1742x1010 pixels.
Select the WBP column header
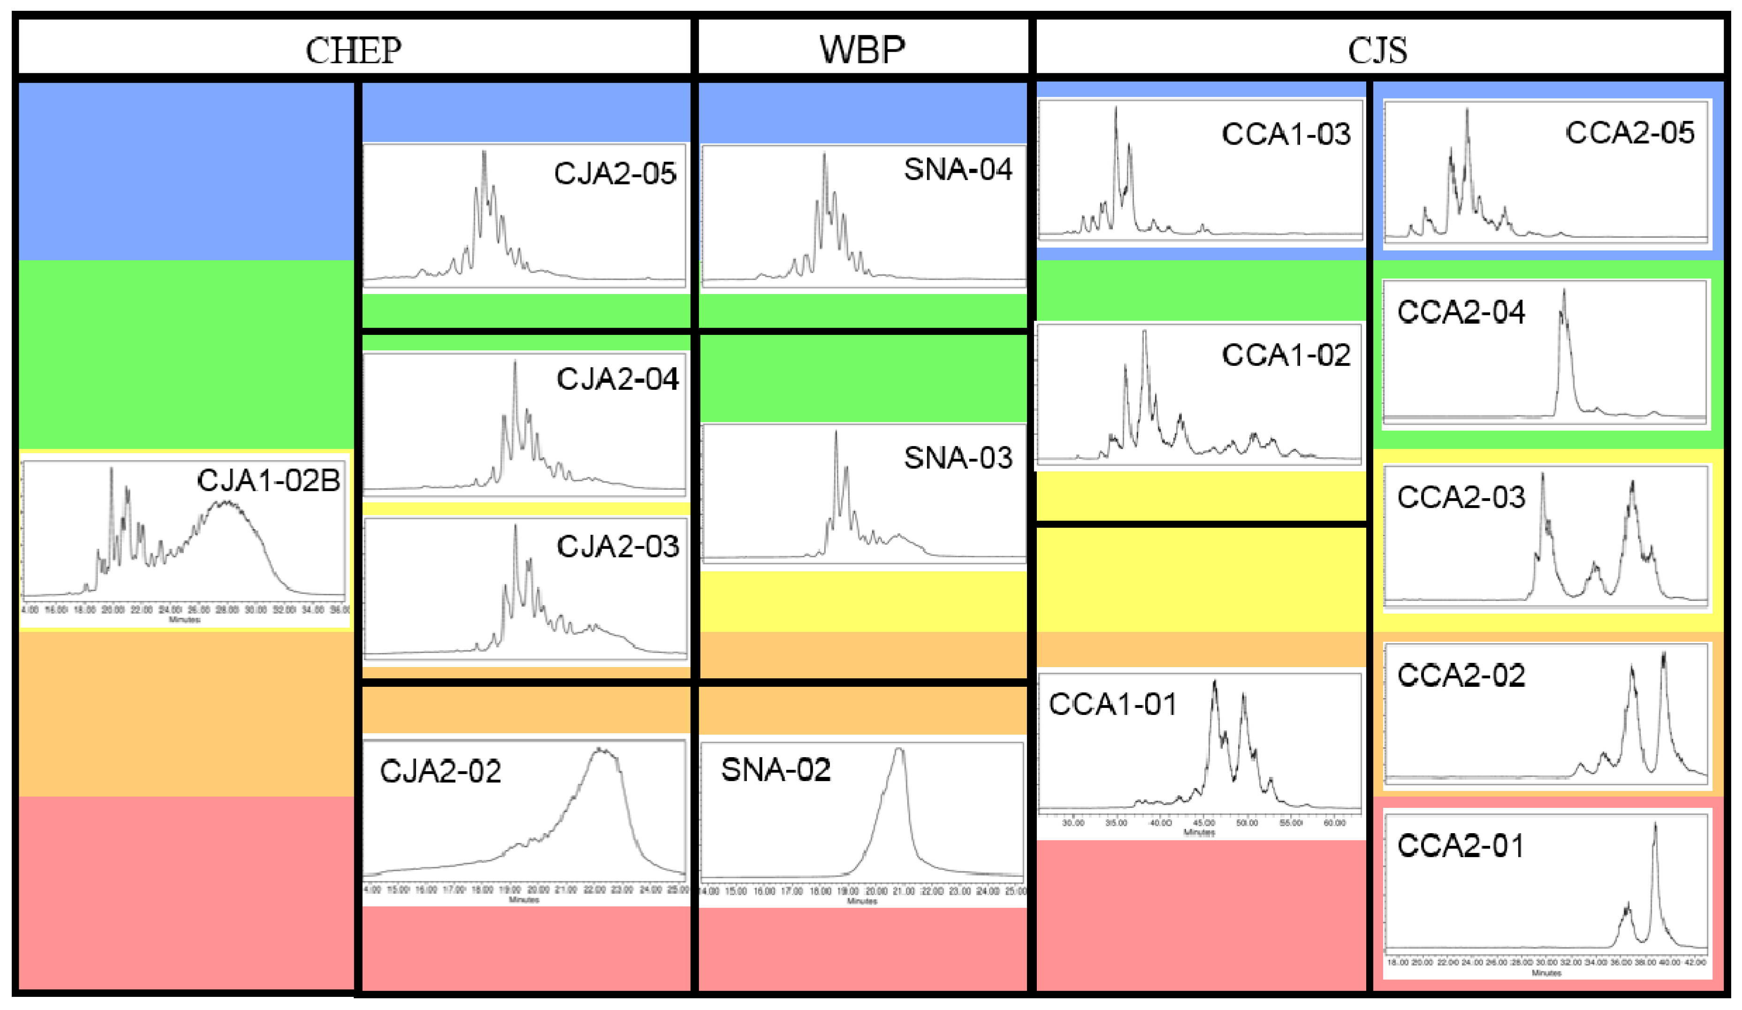[x=862, y=50]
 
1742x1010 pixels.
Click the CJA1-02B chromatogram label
[x=268, y=480]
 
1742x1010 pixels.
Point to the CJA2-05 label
[x=615, y=173]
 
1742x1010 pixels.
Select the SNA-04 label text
[x=958, y=169]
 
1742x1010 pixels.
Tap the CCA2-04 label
[x=1461, y=312]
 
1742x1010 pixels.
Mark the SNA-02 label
[x=776, y=769]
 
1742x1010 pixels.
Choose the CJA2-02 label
[x=441, y=771]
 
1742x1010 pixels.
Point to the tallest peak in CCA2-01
[x=1655, y=825]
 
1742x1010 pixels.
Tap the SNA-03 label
[x=958, y=458]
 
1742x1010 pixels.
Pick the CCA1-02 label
[x=1286, y=355]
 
